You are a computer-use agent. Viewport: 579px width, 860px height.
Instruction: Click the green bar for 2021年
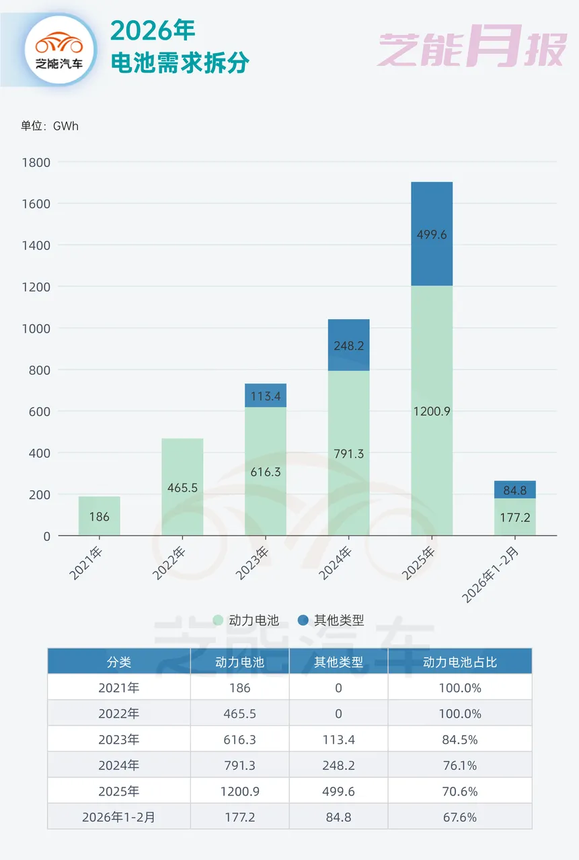tap(100, 515)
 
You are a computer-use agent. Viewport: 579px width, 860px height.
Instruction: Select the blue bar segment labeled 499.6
tap(432, 234)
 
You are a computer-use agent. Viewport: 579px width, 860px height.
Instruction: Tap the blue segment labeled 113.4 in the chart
tap(266, 396)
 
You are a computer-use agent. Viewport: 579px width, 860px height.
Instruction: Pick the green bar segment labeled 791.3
tap(348, 453)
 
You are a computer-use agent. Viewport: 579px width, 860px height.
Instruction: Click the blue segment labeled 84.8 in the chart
tap(514, 490)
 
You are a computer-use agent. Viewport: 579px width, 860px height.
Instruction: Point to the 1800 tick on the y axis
tap(36, 162)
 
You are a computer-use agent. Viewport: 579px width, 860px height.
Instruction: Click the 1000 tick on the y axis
tap(36, 328)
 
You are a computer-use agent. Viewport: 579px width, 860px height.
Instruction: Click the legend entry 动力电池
tap(246, 620)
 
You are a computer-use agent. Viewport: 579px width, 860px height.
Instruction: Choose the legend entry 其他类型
tap(331, 620)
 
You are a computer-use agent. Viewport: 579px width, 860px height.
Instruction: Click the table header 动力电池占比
tap(460, 662)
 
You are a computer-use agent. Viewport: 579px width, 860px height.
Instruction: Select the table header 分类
tap(119, 662)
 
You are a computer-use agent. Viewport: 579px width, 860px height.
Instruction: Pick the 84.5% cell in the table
tap(460, 740)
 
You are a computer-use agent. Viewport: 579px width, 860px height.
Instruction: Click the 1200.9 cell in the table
tap(239, 791)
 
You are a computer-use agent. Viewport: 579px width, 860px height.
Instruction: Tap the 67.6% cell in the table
tap(460, 818)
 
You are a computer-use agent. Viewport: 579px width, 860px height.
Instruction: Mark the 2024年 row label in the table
tap(119, 765)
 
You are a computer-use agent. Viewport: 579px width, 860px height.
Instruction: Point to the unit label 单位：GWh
tap(50, 126)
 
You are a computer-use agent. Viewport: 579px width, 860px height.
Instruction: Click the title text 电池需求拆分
tap(180, 63)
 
